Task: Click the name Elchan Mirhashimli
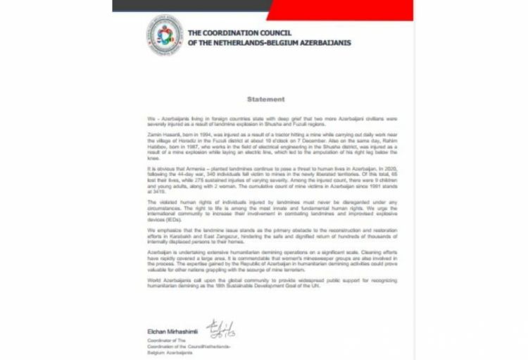pos(175,331)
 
